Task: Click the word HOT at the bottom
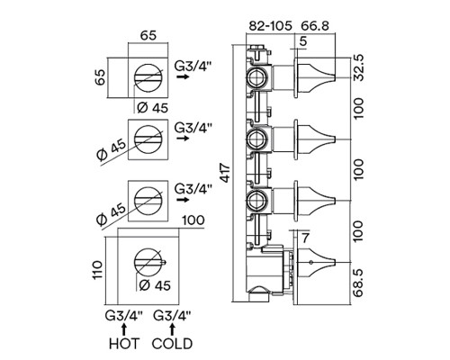point(124,344)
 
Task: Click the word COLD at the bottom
point(172,344)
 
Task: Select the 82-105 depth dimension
point(271,26)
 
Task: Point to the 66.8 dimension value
point(315,26)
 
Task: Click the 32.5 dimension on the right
point(358,67)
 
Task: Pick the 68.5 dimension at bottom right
point(358,283)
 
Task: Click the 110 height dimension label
point(97,270)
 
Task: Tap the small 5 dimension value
point(303,41)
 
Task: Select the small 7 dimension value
point(305,238)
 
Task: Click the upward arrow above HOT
point(124,329)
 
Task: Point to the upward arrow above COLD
point(172,329)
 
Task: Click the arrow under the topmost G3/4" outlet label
point(183,76)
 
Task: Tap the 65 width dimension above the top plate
point(148,35)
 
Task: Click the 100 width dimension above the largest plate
point(193,220)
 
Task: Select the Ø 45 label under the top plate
point(152,107)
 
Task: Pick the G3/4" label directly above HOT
point(124,316)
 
